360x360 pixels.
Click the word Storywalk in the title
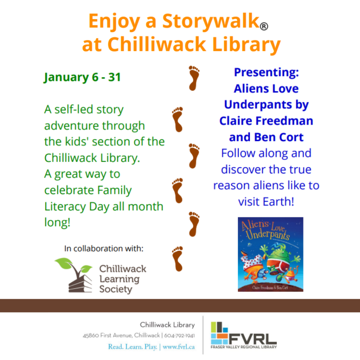pyautogui.click(x=211, y=21)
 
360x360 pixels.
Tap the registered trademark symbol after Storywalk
pyautogui.click(x=264, y=26)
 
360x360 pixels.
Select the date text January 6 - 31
pyautogui.click(x=82, y=77)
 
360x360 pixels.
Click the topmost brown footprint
pyautogui.click(x=194, y=78)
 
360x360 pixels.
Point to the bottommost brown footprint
pyautogui.click(x=178, y=259)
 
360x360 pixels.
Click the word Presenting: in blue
pyautogui.click(x=266, y=72)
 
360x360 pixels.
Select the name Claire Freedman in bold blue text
pyautogui.click(x=266, y=121)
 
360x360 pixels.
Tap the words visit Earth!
pyautogui.click(x=266, y=201)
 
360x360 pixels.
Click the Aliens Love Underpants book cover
pyautogui.click(x=270, y=254)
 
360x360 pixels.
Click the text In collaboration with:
pyautogui.click(x=104, y=249)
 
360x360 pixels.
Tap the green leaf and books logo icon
pyautogui.click(x=74, y=275)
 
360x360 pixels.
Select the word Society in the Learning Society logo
pyautogui.click(x=116, y=289)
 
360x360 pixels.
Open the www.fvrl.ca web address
pyautogui.click(x=179, y=347)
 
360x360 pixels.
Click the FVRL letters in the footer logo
pyautogui.click(x=252, y=339)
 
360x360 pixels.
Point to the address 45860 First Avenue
pyautogui.click(x=108, y=335)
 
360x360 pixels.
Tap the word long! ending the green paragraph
pyautogui.click(x=57, y=222)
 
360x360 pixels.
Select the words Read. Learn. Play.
pyautogui.click(x=133, y=347)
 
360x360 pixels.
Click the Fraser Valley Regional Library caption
pyautogui.click(x=244, y=347)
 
